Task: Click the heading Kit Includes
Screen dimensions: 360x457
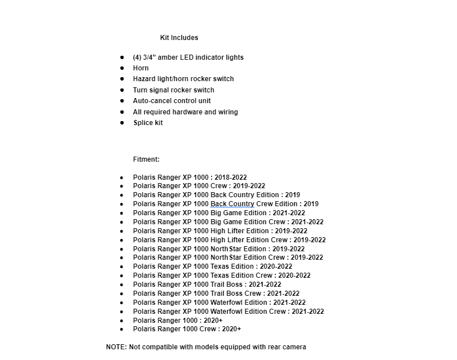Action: click(179, 38)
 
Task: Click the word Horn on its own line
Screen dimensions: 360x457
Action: click(141, 68)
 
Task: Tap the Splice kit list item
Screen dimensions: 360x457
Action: click(148, 123)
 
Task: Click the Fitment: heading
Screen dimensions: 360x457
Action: click(146, 159)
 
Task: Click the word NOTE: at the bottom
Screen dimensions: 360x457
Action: click(116, 347)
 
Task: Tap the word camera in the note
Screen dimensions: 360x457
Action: click(294, 347)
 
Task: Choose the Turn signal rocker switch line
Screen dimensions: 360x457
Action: click(174, 90)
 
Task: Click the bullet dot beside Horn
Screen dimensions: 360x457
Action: click(122, 68)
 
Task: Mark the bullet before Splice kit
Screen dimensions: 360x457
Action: click(122, 123)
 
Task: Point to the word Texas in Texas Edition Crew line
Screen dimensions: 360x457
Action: click(220, 275)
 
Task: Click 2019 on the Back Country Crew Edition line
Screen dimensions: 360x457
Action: click(311, 204)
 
